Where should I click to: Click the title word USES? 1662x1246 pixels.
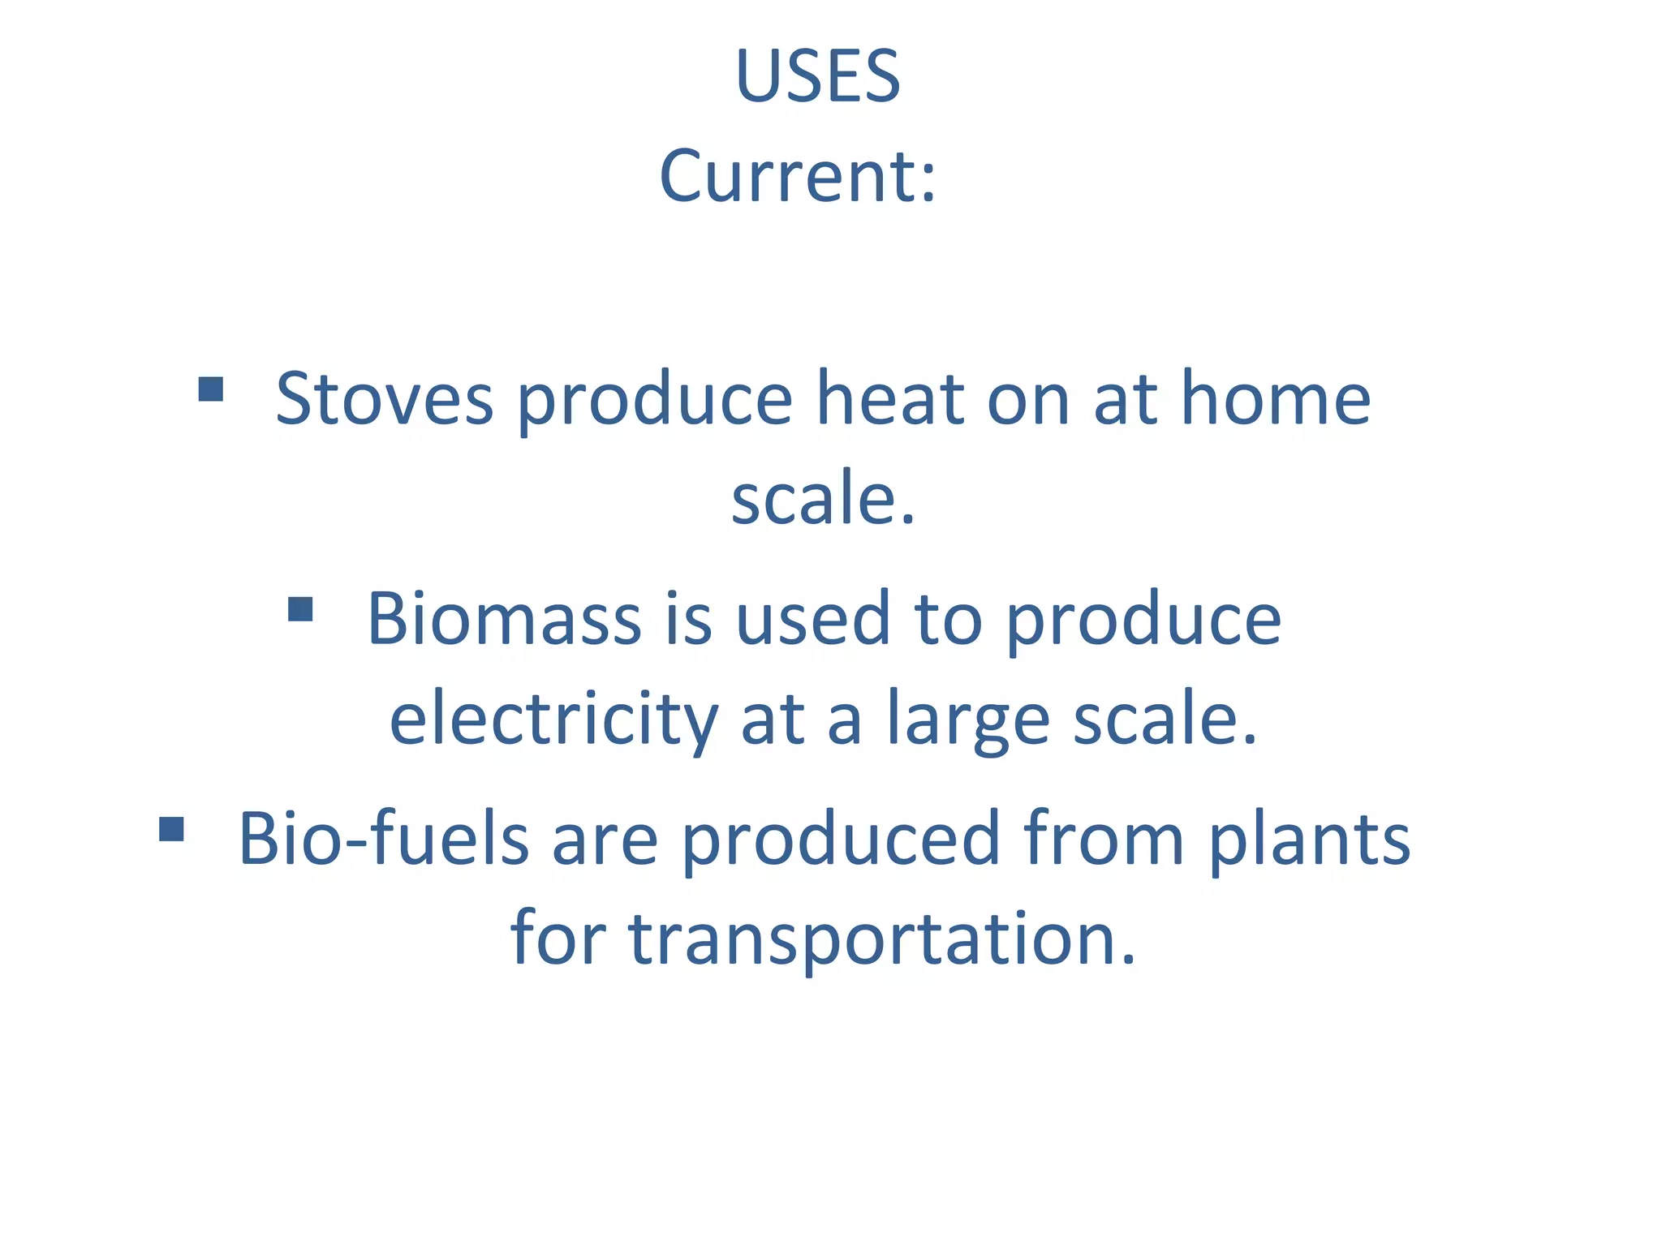tap(818, 76)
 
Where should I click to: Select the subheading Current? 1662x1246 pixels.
tap(798, 176)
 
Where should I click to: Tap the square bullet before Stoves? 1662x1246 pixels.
tap(211, 389)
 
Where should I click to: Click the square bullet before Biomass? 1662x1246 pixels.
tap(300, 609)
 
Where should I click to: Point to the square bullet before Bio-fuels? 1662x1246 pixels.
tap(171, 829)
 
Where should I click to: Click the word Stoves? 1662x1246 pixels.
tap(384, 398)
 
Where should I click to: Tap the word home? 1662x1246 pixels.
tap(1275, 398)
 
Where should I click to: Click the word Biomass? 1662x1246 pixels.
tap(504, 619)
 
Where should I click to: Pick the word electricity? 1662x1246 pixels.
tap(553, 719)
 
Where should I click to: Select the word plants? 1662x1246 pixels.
tap(1309, 839)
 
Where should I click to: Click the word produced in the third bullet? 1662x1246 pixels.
tap(841, 839)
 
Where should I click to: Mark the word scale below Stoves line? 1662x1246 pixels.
tap(822, 498)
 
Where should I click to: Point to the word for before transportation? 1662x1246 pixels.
tap(558, 939)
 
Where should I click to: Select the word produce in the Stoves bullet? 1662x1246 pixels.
tap(654, 398)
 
